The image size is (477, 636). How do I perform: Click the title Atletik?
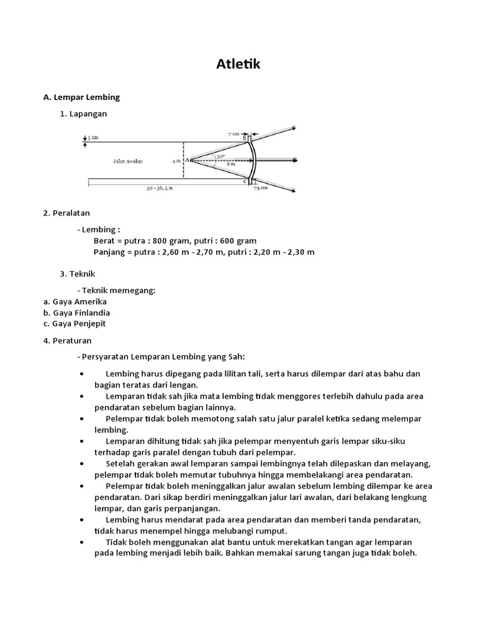(238, 65)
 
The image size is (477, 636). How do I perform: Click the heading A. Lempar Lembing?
(81, 98)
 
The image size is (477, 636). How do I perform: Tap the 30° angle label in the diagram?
(220, 156)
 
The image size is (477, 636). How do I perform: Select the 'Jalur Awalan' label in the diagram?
(127, 161)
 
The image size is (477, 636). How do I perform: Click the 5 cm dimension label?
(93, 137)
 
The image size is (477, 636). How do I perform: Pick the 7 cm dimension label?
(234, 134)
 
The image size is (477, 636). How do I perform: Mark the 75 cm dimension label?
(261, 188)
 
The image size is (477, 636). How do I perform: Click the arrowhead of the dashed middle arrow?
(292, 159)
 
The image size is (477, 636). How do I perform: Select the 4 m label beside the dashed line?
(176, 161)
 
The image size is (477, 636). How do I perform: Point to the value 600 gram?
(238, 240)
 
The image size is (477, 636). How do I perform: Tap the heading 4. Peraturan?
(68, 341)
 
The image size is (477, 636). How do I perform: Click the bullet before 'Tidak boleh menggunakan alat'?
(83, 542)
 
